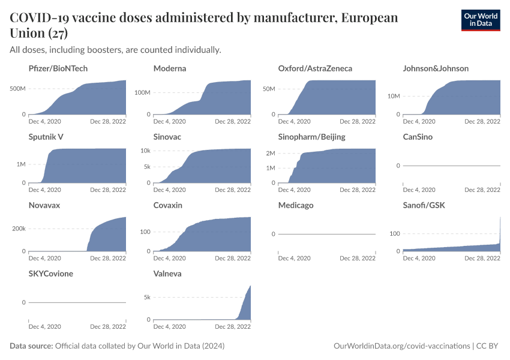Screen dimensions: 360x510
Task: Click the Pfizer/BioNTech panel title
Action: (58, 68)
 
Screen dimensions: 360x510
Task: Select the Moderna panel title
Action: (170, 68)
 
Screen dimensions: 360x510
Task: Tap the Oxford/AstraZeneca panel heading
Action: (315, 68)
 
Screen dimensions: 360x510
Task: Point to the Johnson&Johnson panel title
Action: (436, 68)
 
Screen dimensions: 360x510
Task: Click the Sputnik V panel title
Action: (46, 137)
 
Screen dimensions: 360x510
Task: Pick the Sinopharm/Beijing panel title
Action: (311, 137)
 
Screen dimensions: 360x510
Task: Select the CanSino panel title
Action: (418, 137)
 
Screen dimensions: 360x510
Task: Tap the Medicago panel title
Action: (296, 205)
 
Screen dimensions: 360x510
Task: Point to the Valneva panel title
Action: (167, 274)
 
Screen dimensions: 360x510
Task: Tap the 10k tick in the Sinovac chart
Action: (145, 150)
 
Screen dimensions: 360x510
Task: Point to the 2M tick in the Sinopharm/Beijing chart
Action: (270, 154)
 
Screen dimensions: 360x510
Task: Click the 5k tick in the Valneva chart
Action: (146, 297)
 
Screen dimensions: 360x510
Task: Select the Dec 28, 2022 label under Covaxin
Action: (233, 259)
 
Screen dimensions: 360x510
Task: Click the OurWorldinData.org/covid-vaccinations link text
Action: (401, 346)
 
